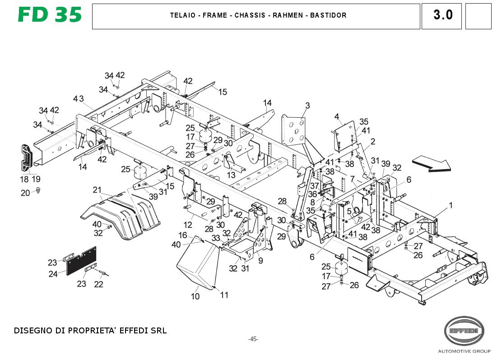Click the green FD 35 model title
pos(50,15)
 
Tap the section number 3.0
pos(442,15)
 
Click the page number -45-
pos(253,339)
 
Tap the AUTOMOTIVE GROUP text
pos(463,351)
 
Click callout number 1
pos(450,206)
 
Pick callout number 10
pos(195,296)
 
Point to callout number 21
pos(98,189)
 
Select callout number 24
pos(53,274)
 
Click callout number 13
pos(231,175)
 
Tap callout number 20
pos(25,193)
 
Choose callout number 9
pos(260,260)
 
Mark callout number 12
pos(188,224)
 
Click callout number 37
pos(314,186)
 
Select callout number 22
pos(98,284)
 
